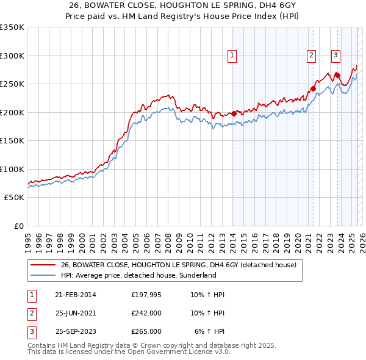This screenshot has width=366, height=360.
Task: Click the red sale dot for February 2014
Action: (234, 113)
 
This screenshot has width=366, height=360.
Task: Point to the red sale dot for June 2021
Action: (313, 88)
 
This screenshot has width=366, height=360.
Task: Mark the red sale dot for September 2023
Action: (337, 76)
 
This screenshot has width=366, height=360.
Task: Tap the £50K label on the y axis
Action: (14, 198)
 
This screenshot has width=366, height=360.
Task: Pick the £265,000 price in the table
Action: (146, 331)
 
